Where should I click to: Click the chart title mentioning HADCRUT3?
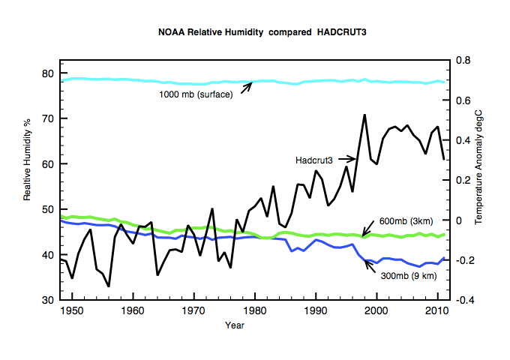pos(262,32)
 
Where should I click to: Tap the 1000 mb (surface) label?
pos(196,94)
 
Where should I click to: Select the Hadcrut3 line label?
pos(313,160)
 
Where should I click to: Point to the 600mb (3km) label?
pos(406,221)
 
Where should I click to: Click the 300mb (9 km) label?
pos(409,276)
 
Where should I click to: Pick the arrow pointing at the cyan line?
pos(247,88)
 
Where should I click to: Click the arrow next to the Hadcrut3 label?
pos(347,159)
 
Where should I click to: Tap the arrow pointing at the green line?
pos(367,228)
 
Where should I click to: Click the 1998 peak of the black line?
pos(364,115)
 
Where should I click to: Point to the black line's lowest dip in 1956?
pos(109,286)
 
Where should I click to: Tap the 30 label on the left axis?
pos(47,300)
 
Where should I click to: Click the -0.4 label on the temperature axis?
pos(465,300)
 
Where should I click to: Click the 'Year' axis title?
pos(235,325)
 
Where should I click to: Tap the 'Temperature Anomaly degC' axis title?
pos(478,167)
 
